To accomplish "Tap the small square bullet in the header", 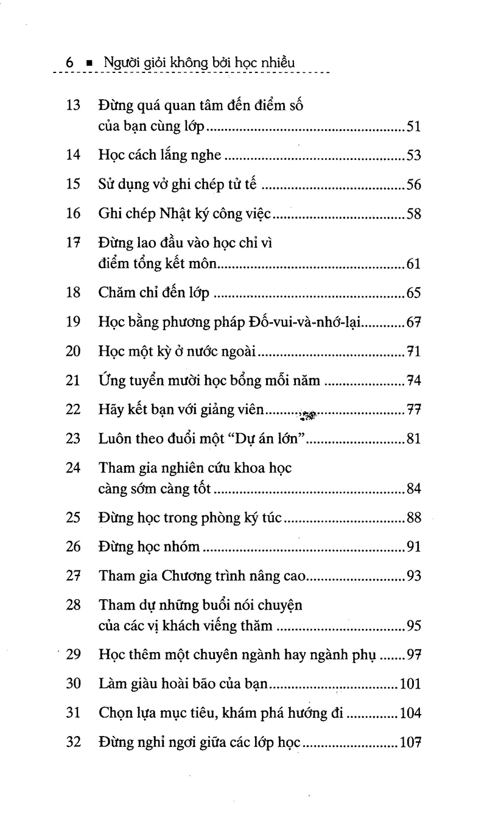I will coord(89,63).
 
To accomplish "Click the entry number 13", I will coord(73,105).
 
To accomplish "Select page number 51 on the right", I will coord(414,127).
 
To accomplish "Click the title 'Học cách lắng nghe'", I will coord(159,155).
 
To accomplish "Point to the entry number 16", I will coord(73,214).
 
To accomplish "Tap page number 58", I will coord(414,214).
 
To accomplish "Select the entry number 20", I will coord(73,352).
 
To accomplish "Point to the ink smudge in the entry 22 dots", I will coord(307,416).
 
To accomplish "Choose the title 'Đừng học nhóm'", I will coord(149,547).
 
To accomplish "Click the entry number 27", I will coord(73,575).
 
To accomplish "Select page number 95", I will coord(414,626).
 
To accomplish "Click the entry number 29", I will coord(73,655).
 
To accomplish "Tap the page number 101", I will coord(411,684).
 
